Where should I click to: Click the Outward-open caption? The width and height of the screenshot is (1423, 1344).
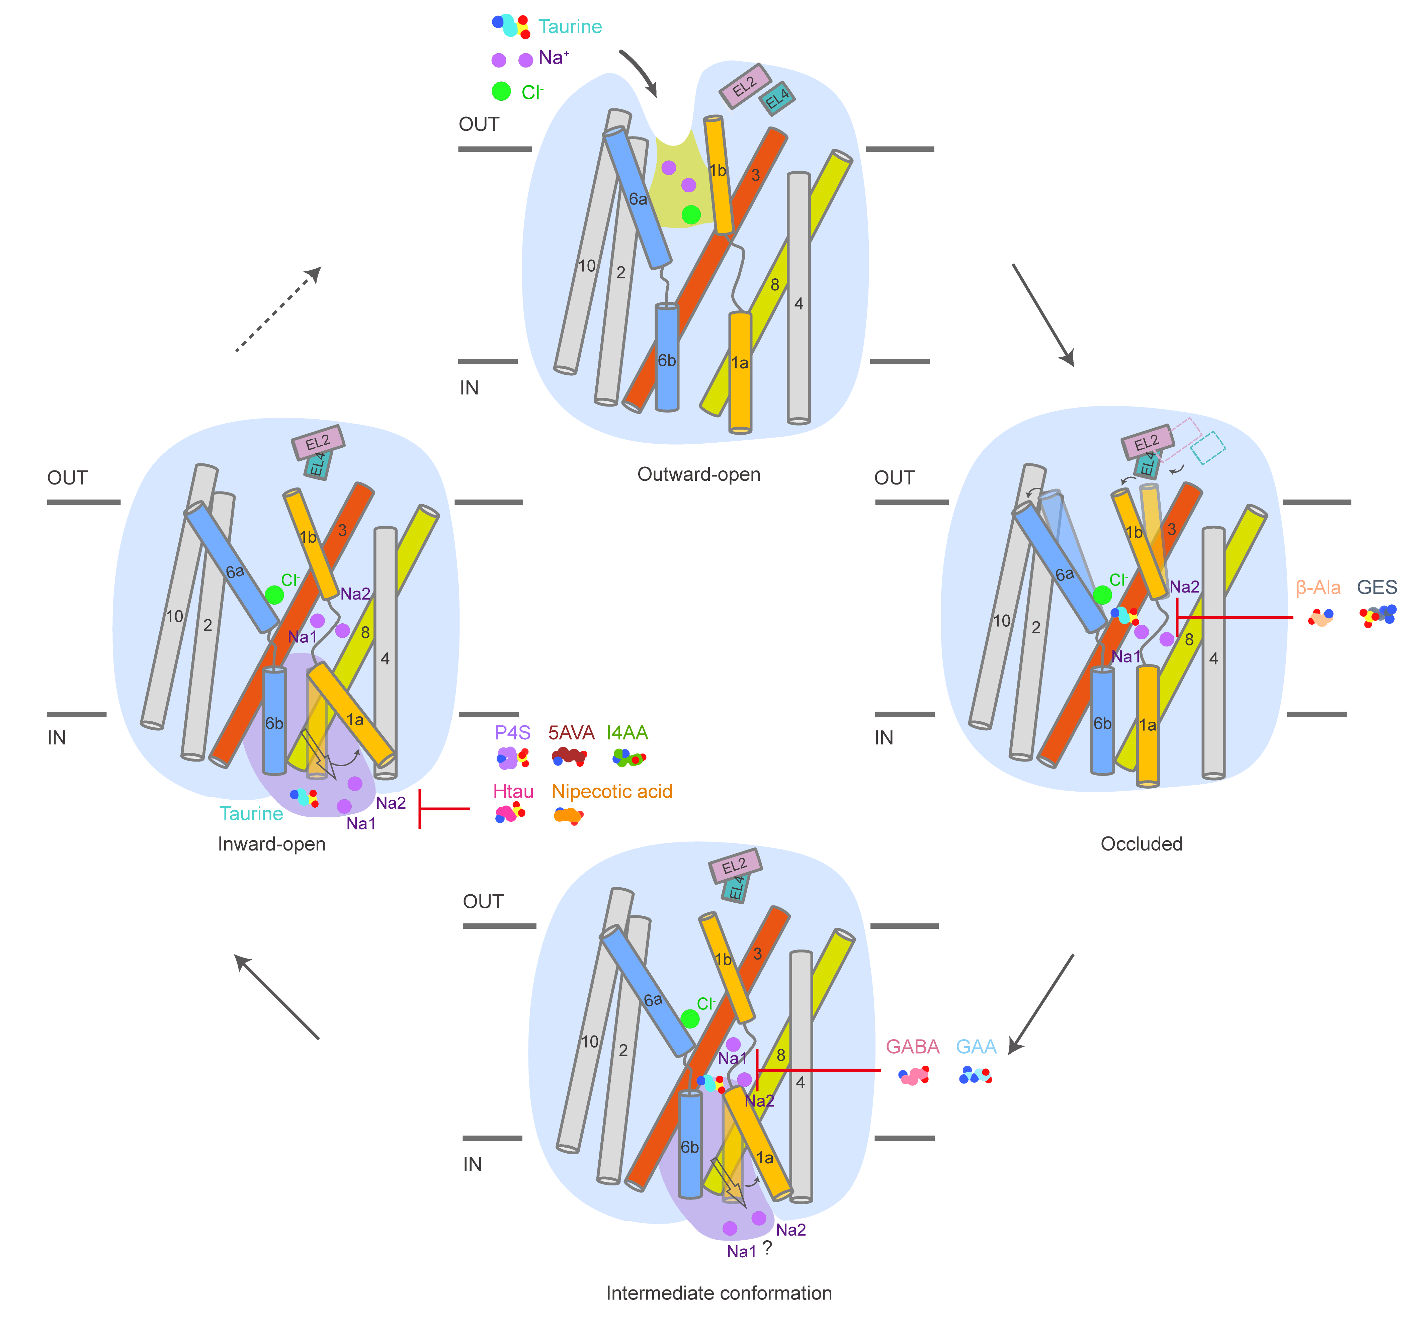pos(698,474)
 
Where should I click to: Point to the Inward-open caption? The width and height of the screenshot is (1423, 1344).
pos(271,844)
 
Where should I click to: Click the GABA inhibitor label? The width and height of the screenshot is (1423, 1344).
pos(912,1047)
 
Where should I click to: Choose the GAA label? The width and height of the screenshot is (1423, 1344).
pos(976,1047)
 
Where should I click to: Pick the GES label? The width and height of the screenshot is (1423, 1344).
pos(1376,588)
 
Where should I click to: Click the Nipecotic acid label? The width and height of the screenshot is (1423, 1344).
pos(612,792)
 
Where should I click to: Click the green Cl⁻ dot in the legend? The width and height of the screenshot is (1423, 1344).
pos(502,91)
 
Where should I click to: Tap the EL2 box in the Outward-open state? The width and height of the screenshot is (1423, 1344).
pos(745,86)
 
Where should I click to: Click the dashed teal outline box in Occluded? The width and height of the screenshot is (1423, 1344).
pos(1208,448)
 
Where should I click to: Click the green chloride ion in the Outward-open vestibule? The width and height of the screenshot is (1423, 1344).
pos(691,214)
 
